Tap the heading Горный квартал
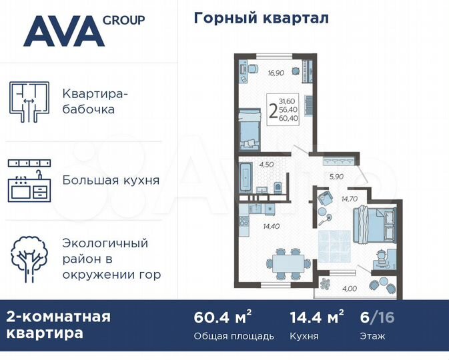pos(261,18)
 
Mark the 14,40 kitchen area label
pos(271,227)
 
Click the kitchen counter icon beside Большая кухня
pos(30,181)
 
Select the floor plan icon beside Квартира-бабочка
pos(30,101)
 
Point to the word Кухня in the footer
pos(305,336)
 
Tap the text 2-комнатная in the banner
pos(59,316)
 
